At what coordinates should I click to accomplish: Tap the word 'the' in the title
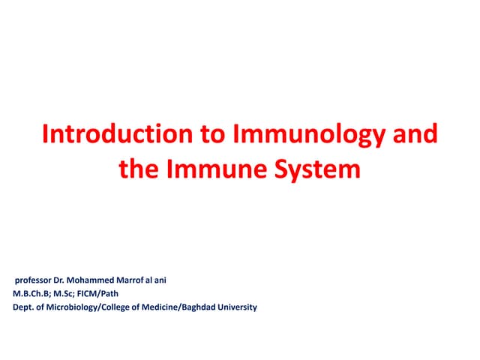pos(138,169)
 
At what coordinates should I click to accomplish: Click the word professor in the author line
pos(36,280)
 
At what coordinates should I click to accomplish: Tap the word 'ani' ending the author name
pos(167,280)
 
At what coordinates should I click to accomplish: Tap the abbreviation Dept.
pos(23,307)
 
